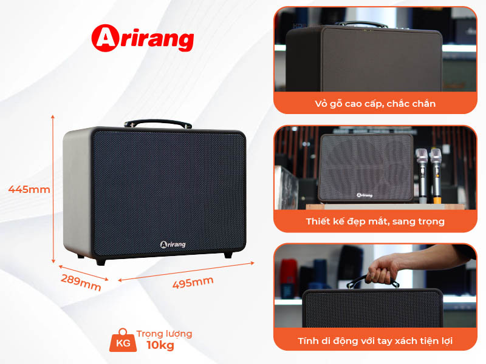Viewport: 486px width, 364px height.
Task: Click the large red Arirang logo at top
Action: [142, 38]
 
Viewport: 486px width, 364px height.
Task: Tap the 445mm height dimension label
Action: [29, 189]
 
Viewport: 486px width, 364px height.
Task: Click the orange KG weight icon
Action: [122, 342]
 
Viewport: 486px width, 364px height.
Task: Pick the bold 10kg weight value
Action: [160, 346]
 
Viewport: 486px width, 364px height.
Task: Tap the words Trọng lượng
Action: [164, 334]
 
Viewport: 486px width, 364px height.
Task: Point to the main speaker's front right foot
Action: [228, 254]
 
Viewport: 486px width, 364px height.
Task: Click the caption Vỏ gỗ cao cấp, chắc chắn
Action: [375, 104]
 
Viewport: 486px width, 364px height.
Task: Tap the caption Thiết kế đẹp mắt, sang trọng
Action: [375, 221]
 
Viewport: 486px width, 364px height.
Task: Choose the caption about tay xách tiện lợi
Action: [375, 341]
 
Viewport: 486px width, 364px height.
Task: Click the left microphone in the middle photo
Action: [420, 173]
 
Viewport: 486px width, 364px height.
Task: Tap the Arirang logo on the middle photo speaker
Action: [364, 195]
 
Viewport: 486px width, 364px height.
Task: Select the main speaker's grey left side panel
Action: [77, 191]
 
